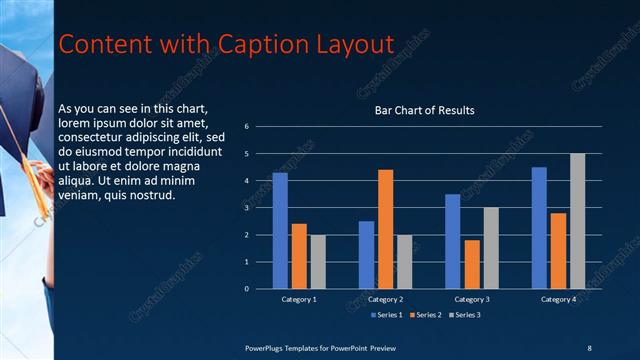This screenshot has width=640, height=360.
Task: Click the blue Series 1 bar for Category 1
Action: [280, 231]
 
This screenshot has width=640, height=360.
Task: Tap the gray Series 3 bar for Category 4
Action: [577, 221]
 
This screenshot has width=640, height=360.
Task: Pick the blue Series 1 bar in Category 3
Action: [452, 241]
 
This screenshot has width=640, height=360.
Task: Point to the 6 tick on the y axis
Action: [260, 127]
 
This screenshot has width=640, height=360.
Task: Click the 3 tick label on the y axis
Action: [260, 208]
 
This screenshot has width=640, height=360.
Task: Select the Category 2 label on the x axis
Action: [385, 299]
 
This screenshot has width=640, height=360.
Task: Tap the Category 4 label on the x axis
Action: [558, 299]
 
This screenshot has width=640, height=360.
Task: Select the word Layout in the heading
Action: [343, 44]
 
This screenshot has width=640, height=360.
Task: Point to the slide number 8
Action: [589, 347]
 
